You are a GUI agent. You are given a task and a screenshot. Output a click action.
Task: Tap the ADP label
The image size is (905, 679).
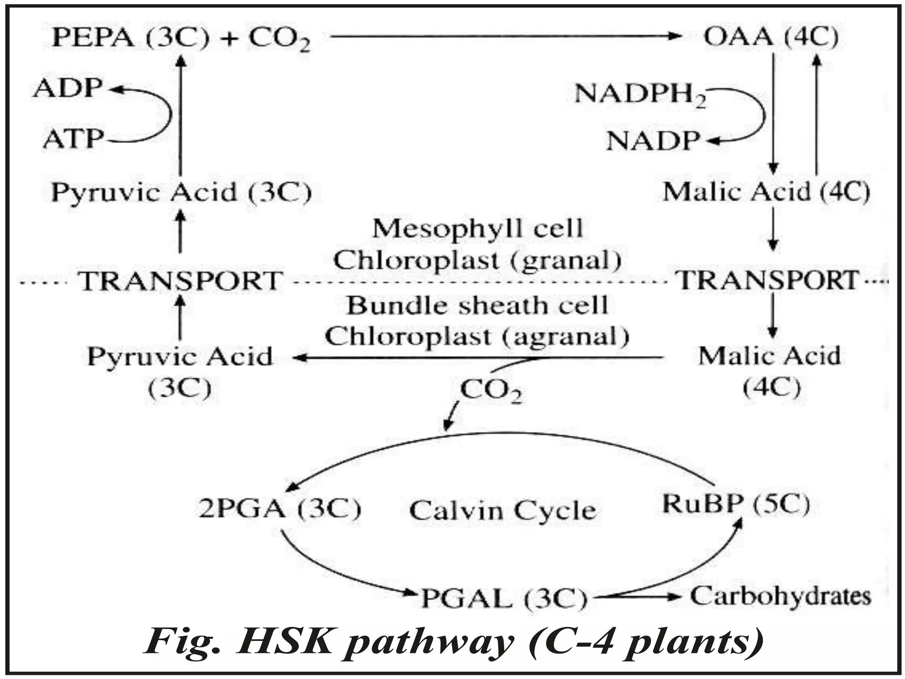(x=68, y=88)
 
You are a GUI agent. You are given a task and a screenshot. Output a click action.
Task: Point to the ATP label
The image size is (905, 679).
(x=73, y=139)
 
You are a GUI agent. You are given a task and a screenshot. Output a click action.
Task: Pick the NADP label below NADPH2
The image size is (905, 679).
(x=653, y=141)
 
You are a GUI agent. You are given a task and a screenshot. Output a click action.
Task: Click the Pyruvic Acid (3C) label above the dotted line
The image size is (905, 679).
(x=182, y=193)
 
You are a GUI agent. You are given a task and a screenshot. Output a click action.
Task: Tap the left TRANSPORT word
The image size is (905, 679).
(x=181, y=281)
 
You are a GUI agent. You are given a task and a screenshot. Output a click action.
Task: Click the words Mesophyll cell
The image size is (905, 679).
(x=477, y=229)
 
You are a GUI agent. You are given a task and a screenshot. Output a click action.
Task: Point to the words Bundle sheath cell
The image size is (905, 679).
(x=477, y=305)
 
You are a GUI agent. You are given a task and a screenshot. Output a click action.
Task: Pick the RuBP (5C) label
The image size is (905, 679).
(x=736, y=504)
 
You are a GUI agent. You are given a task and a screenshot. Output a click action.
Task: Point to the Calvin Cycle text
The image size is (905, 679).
(x=502, y=511)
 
